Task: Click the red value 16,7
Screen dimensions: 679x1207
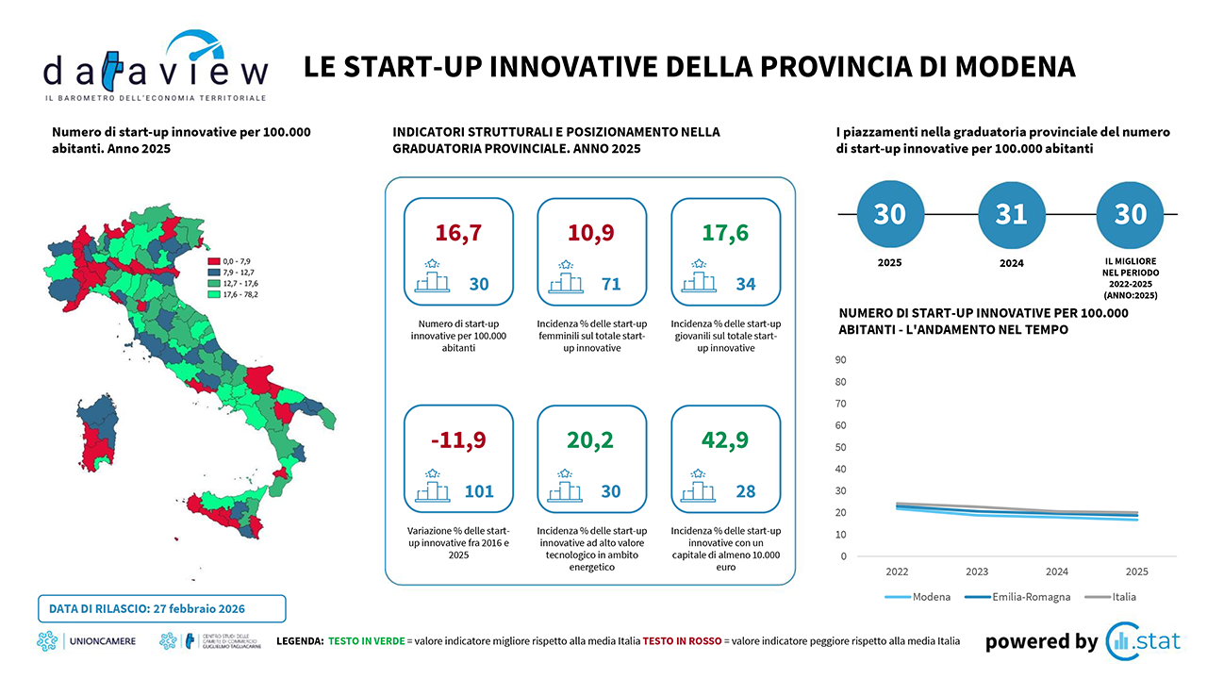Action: (458, 233)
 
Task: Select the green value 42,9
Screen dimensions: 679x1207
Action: (725, 440)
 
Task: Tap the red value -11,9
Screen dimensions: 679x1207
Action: (458, 440)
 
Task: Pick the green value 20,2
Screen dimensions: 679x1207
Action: (591, 440)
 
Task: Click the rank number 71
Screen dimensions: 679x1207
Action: (611, 283)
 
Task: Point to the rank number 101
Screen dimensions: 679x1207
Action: (478, 491)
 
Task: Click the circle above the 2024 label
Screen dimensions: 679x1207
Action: (1010, 214)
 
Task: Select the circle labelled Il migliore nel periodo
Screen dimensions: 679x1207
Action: (1130, 214)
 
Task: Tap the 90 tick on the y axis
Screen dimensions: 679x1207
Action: (839, 359)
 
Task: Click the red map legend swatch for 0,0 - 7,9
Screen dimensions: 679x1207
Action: (214, 260)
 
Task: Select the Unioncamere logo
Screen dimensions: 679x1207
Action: (87, 642)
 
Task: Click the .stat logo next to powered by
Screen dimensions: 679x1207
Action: (1143, 641)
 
